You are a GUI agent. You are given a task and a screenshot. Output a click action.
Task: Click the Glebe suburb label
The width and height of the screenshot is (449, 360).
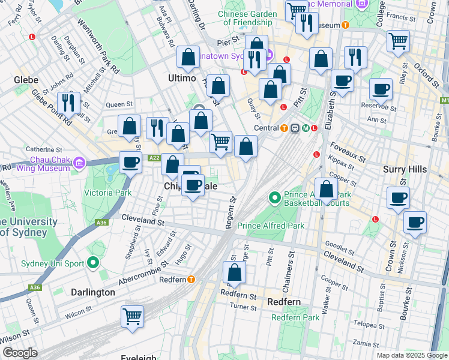(x=26, y=80)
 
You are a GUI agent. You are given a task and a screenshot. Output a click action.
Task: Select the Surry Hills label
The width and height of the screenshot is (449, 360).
(x=405, y=170)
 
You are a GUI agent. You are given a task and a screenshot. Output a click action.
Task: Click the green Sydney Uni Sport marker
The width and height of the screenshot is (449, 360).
(x=92, y=263)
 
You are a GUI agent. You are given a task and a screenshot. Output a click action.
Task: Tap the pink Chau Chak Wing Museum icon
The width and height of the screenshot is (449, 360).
(x=79, y=162)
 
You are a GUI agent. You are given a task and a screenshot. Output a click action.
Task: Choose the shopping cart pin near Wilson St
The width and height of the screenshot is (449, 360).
(x=132, y=316)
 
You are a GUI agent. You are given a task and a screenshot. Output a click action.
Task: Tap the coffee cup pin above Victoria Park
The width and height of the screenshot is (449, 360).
(x=130, y=161)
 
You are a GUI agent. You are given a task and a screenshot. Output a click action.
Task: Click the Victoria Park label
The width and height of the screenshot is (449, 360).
(x=107, y=193)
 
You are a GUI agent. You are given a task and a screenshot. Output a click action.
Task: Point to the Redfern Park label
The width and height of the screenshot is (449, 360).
(x=295, y=317)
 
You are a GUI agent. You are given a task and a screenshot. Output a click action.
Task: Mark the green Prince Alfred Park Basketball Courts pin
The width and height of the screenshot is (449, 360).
(x=274, y=197)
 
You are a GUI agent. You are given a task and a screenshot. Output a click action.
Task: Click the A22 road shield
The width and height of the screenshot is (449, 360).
(x=154, y=158)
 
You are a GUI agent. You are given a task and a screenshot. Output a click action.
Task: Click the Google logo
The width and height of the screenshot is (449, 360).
(x=20, y=353)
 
